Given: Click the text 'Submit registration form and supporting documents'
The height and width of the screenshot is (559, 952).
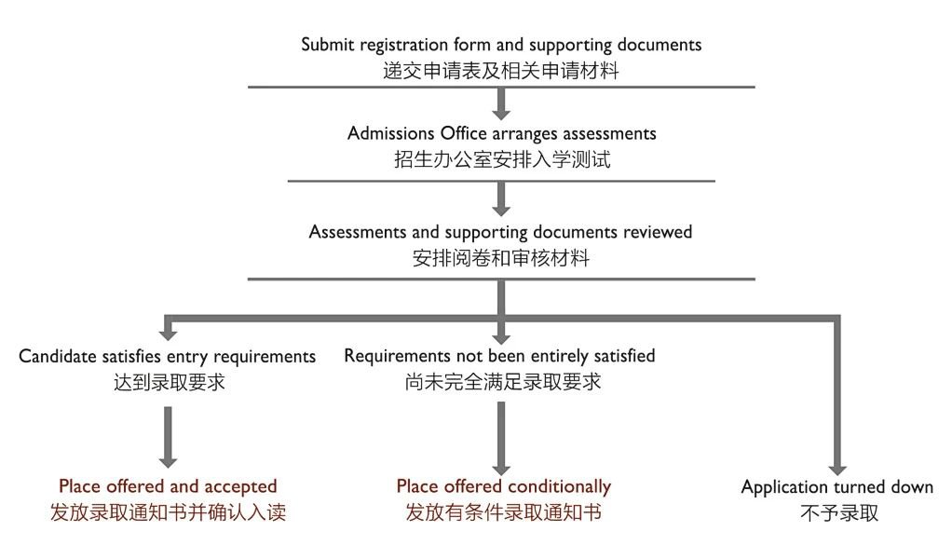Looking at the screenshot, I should [501, 45].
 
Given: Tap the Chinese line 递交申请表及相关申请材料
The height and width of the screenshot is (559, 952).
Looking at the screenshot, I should [501, 69].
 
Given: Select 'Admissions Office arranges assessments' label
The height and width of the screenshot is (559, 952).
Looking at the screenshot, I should [501, 133].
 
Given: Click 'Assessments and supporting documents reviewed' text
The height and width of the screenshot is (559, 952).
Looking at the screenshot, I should [501, 231].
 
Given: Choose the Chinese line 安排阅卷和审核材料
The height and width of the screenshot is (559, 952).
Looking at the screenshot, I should [501, 257].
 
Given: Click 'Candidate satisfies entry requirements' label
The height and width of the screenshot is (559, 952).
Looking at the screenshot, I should [168, 356].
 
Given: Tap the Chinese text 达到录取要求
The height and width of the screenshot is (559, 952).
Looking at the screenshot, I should [168, 382].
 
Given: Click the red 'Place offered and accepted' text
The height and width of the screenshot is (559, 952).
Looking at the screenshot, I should [168, 486].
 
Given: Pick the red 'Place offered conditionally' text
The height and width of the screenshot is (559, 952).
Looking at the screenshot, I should [503, 486].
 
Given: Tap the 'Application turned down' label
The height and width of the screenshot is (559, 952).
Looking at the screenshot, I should [836, 487].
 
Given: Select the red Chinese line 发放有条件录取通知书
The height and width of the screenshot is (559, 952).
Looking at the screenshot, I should [503, 512].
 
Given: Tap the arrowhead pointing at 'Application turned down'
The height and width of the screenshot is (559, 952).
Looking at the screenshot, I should [836, 466].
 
